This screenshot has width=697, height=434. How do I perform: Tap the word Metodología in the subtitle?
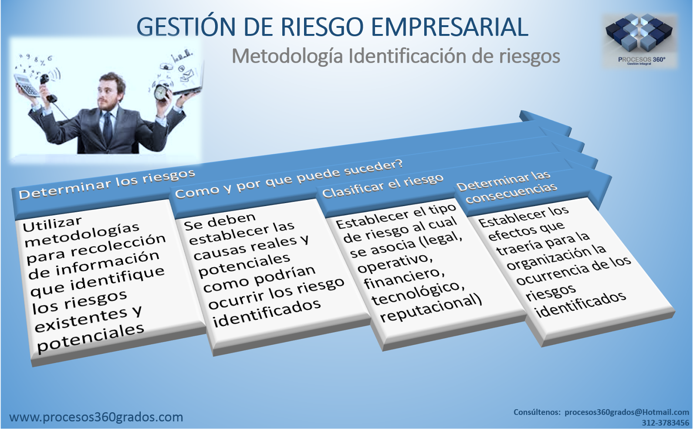click(288, 56)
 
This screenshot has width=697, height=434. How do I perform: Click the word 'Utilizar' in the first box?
click(52, 224)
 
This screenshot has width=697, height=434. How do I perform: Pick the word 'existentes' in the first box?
click(81, 322)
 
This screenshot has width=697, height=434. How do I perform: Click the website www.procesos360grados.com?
click(96, 417)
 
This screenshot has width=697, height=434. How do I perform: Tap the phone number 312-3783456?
click(665, 423)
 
